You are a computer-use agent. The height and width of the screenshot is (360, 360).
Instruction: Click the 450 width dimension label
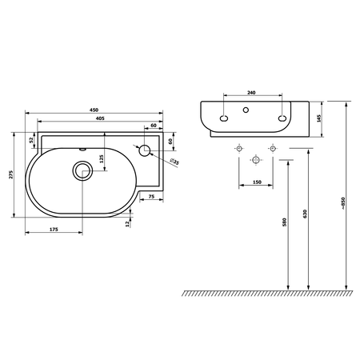pyautogui.click(x=94, y=110)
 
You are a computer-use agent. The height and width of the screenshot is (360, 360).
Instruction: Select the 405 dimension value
pyautogui.click(x=100, y=118)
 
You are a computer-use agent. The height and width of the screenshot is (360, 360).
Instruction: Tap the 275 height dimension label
pyautogui.click(x=11, y=174)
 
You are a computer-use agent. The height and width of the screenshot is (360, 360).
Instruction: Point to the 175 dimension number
pyautogui.click(x=54, y=230)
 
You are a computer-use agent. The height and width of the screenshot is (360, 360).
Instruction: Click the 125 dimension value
pyautogui.click(x=102, y=159)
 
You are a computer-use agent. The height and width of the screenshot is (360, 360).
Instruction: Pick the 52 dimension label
pyautogui.click(x=31, y=140)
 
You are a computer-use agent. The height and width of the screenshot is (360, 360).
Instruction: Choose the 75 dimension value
pyautogui.click(x=151, y=197)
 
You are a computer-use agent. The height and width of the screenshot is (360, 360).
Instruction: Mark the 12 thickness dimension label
pyautogui.click(x=127, y=224)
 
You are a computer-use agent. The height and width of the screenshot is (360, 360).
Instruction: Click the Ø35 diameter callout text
pyautogui.click(x=174, y=162)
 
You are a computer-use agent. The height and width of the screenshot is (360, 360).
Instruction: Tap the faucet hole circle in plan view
pyautogui.click(x=145, y=150)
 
